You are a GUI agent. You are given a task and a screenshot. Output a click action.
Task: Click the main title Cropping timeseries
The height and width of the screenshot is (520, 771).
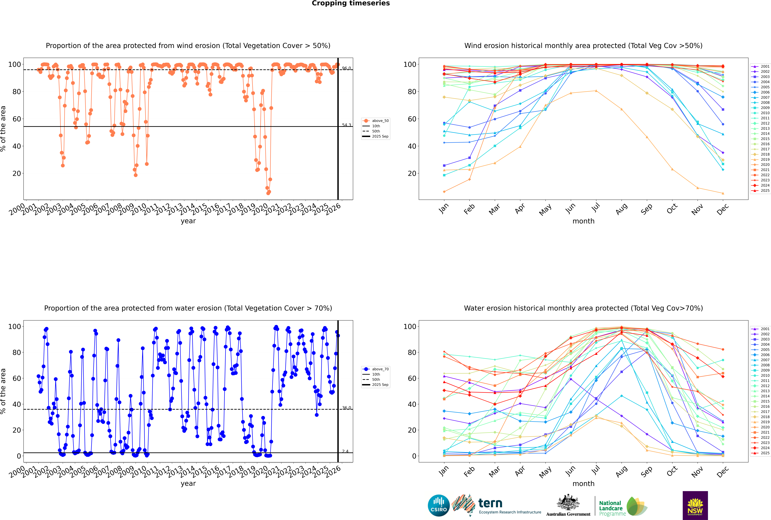[x=351, y=3]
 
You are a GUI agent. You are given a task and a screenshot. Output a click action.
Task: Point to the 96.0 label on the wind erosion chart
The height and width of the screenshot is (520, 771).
[x=346, y=68]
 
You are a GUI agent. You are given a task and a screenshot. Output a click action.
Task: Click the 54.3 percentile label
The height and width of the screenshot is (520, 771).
[x=346, y=125]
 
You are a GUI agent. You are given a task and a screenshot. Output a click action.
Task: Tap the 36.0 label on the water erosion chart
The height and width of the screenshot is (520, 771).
[x=346, y=408]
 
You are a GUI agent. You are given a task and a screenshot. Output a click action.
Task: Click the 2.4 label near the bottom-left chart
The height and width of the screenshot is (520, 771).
[x=345, y=451]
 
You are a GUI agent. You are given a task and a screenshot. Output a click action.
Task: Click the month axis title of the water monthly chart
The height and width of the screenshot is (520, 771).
[x=583, y=484]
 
